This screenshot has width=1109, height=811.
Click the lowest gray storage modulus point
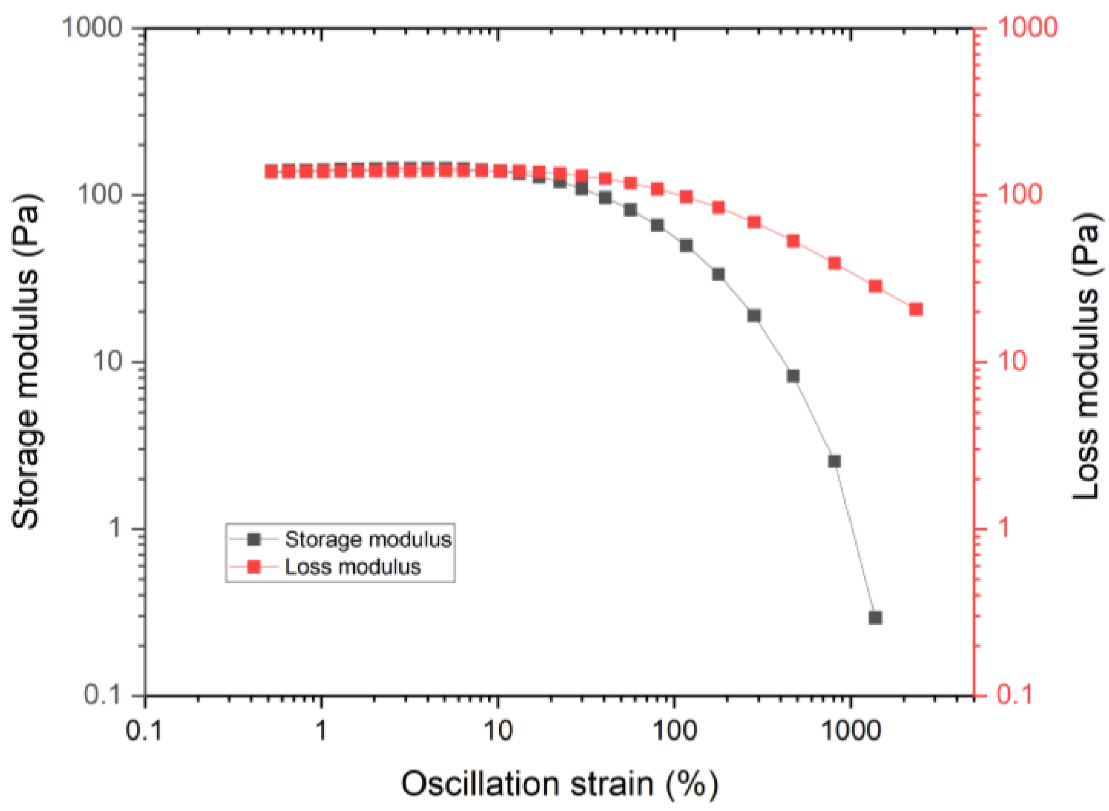click(x=875, y=617)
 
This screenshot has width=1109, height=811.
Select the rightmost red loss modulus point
click(x=915, y=309)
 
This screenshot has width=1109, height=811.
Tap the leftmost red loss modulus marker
click(x=271, y=172)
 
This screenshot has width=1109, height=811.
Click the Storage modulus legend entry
click(x=367, y=539)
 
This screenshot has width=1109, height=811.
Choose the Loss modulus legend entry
click(x=352, y=567)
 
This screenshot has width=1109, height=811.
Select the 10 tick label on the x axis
click(x=498, y=731)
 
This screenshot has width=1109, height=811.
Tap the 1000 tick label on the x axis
click(x=851, y=731)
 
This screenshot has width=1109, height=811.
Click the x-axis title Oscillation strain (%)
click(x=559, y=783)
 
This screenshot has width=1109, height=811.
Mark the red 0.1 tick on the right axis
click(x=1014, y=695)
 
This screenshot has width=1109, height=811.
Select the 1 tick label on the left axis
click(x=115, y=528)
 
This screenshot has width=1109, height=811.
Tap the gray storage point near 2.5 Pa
click(x=834, y=461)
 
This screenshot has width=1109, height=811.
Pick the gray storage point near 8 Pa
click(x=793, y=376)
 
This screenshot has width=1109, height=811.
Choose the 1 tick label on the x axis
click(x=321, y=731)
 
